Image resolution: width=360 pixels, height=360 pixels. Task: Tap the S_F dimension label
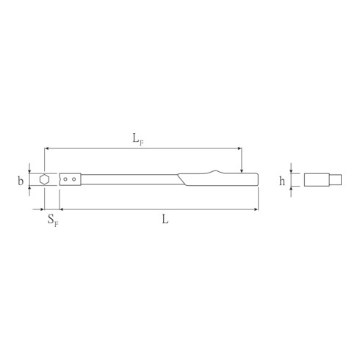click(x=52, y=219)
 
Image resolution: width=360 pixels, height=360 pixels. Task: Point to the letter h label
click(x=281, y=180)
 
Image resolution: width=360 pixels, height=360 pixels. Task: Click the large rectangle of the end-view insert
click(x=315, y=179)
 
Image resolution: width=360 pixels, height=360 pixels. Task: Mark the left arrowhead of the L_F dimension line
click(x=47, y=148)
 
